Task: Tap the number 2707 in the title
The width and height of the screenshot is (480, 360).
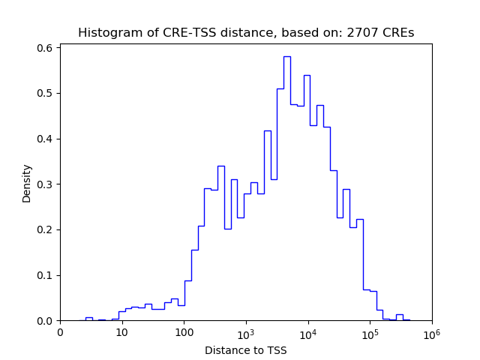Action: (x=363, y=33)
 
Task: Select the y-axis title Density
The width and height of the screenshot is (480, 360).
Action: (x=27, y=184)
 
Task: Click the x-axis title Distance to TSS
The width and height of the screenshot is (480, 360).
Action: (x=245, y=350)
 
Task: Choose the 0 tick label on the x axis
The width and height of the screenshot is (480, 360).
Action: (x=60, y=332)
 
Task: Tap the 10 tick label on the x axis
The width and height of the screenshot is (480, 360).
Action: (x=121, y=332)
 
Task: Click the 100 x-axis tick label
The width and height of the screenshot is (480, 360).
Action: (x=184, y=332)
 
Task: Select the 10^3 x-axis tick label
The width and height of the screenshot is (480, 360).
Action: (x=246, y=331)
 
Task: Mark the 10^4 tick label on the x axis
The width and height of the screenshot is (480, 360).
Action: (x=307, y=331)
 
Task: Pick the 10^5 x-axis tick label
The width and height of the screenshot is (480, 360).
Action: (x=370, y=331)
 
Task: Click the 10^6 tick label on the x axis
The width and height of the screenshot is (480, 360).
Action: (x=431, y=331)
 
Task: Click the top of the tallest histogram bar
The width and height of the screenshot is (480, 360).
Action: (x=286, y=56)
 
